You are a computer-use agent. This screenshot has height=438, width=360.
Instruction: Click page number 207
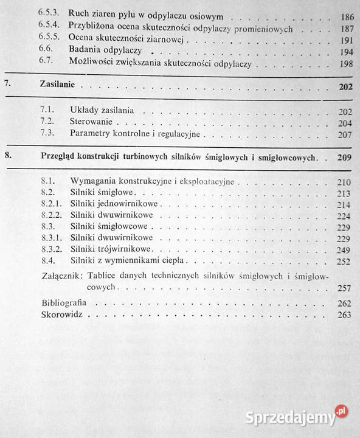click(345, 134)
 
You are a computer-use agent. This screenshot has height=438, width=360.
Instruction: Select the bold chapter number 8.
click(7, 156)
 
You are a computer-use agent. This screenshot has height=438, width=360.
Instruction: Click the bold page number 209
click(344, 157)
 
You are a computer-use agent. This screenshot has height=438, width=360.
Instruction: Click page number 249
click(345, 250)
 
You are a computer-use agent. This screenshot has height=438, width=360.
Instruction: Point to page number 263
click(345, 315)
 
